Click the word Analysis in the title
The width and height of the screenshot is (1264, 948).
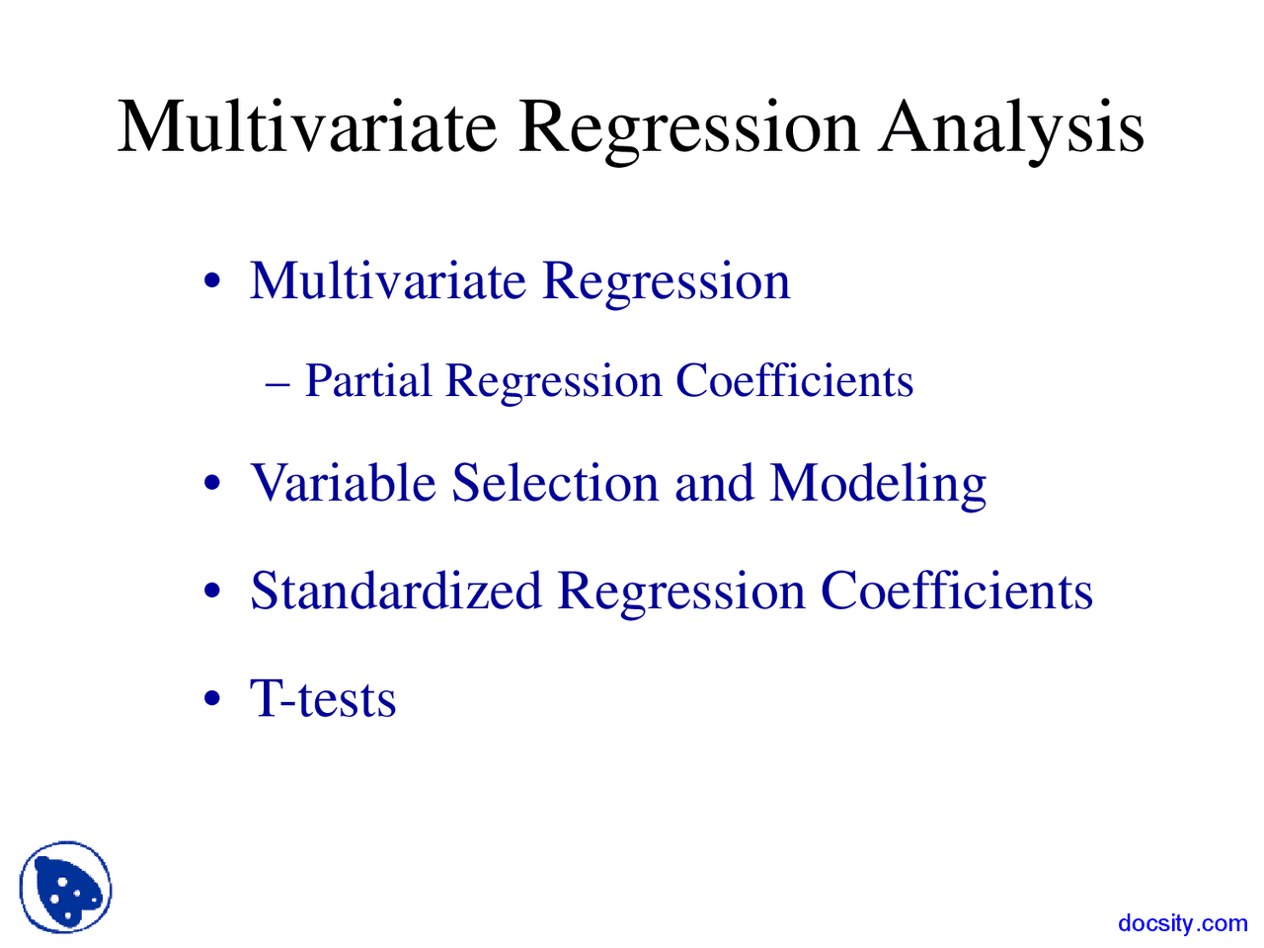pyautogui.click(x=1011, y=128)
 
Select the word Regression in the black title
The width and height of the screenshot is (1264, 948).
pyautogui.click(x=688, y=128)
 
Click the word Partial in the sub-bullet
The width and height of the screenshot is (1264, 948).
pyautogui.click(x=367, y=381)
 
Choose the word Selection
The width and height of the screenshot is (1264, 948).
pyautogui.click(x=555, y=483)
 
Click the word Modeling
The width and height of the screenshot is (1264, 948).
pyautogui.click(x=878, y=485)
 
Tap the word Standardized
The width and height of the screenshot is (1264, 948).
pyautogui.click(x=396, y=591)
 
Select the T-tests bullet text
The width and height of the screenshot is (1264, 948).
pyautogui.click(x=323, y=698)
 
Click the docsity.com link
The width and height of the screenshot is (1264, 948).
pyautogui.click(x=1182, y=923)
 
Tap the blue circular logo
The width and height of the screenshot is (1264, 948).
pyautogui.click(x=65, y=888)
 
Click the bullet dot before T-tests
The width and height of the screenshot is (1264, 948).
pyautogui.click(x=211, y=700)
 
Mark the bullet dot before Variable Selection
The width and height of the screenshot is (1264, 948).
pyautogui.click(x=211, y=485)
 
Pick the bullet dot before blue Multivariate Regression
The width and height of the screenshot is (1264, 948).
pyautogui.click(x=211, y=281)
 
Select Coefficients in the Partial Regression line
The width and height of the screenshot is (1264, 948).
pyautogui.click(x=794, y=381)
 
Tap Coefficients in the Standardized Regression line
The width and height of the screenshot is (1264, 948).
pyautogui.click(x=957, y=591)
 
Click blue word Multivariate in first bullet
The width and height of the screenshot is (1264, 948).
pyautogui.click(x=388, y=280)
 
